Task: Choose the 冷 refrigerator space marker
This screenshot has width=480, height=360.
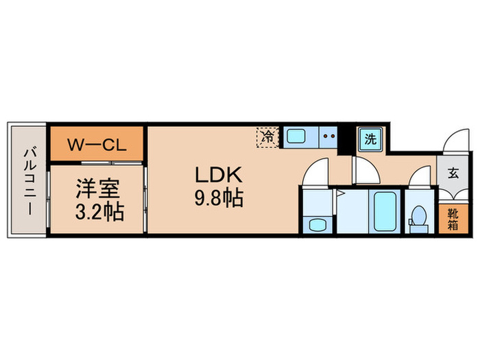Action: (x=268, y=136)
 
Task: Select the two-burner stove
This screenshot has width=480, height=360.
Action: (x=328, y=136)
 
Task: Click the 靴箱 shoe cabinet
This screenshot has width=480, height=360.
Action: (x=453, y=219)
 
